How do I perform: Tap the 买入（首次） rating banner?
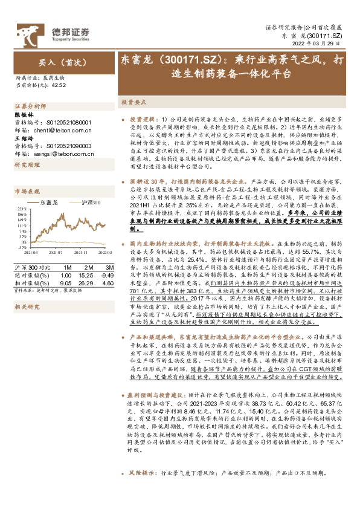pyautogui.click(x=59, y=62)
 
